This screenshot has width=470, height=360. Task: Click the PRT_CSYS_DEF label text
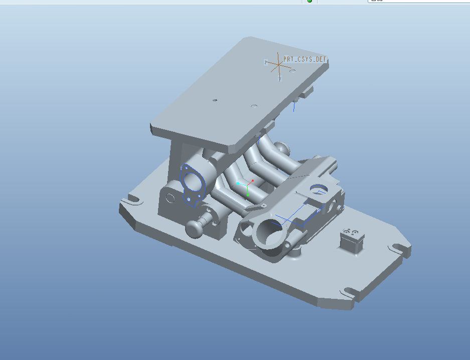coord(305,59)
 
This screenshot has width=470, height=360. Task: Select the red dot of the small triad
coord(252,180)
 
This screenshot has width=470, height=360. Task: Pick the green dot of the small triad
coord(248,194)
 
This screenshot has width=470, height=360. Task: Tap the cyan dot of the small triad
coord(238,184)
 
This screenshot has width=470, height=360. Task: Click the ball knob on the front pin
coord(194,228)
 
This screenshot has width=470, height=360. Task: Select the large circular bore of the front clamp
coord(269,232)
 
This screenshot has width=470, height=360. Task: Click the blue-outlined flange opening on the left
coord(193,181)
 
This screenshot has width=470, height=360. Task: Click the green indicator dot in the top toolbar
coord(309,1)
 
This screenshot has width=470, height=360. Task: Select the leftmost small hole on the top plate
coord(215,100)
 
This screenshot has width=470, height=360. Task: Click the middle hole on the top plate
coord(254,106)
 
